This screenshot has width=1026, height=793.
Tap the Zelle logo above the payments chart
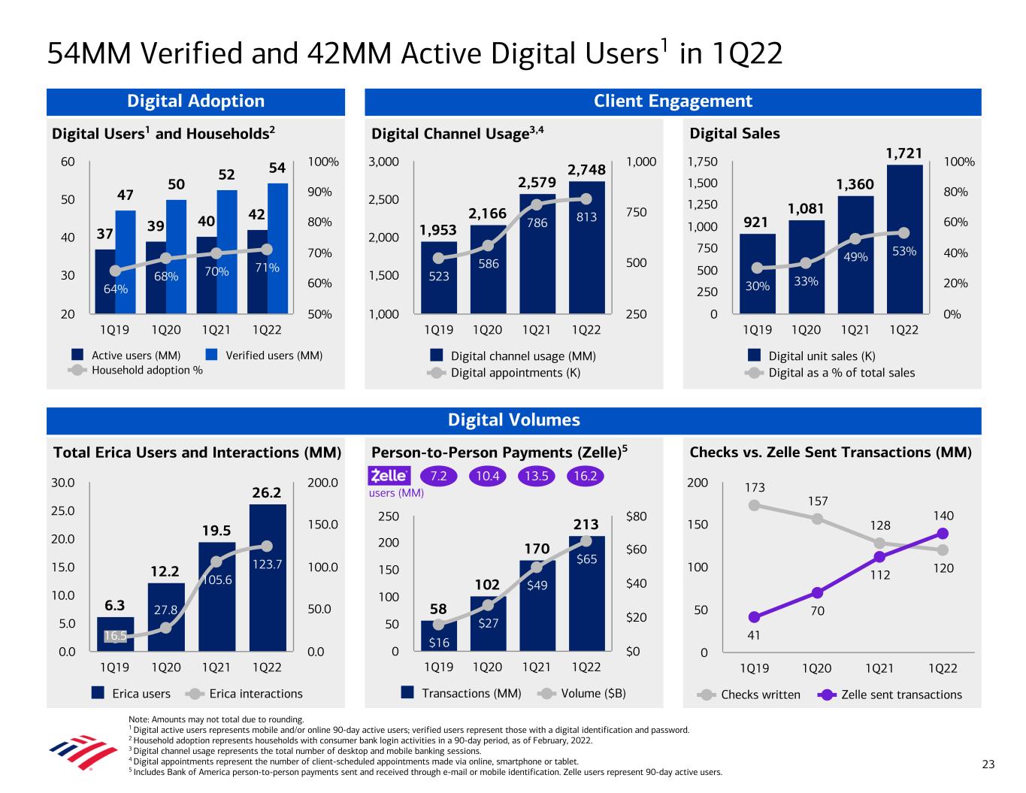389,476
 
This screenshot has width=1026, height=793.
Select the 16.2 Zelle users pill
585,477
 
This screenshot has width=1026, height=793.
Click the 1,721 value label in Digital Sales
903,153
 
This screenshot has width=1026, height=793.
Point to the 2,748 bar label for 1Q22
586,170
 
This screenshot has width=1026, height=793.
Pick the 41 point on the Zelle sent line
754,618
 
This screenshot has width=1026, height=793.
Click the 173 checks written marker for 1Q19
754,505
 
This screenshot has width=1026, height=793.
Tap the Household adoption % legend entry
147,370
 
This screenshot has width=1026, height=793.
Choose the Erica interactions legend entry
256,694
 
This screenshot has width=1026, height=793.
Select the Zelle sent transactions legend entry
900,695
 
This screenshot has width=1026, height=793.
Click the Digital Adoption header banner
195,101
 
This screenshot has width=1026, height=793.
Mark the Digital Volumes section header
513,420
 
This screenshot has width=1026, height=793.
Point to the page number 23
988,765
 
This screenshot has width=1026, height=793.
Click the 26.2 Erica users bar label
266,493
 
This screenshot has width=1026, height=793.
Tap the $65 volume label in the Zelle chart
586,559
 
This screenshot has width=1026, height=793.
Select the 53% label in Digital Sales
903,251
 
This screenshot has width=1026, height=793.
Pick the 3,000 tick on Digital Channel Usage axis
383,162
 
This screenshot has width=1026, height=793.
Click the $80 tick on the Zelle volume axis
636,516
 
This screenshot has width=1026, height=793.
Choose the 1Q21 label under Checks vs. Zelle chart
879,667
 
